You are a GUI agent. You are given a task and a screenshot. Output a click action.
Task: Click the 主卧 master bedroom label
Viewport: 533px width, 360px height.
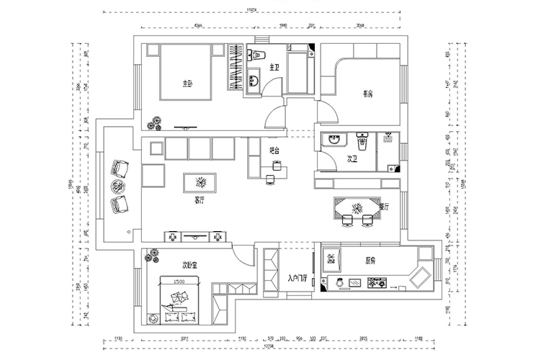(x=188, y=84)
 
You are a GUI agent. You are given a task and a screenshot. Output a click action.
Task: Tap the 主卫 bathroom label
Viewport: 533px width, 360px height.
(x=274, y=68)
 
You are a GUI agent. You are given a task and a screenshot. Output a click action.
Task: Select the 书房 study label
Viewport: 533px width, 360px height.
(x=367, y=93)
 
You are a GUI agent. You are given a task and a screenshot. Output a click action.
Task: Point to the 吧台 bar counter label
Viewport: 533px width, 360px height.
(x=274, y=150)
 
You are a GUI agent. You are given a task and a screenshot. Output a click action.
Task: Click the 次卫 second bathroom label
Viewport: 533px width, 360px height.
(x=352, y=158)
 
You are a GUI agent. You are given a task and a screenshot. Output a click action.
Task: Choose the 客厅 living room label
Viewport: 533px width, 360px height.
(x=200, y=201)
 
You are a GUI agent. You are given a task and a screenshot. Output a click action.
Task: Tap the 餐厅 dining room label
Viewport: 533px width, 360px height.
(x=383, y=206)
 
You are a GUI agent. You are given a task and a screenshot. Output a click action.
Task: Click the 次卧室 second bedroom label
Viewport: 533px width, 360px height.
(x=189, y=265)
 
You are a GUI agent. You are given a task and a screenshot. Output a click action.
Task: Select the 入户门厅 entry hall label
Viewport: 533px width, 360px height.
(x=297, y=277)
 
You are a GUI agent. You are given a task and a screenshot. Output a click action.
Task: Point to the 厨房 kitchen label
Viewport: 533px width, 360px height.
(x=371, y=260)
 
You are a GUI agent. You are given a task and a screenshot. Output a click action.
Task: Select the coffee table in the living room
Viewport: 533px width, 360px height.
(x=201, y=180)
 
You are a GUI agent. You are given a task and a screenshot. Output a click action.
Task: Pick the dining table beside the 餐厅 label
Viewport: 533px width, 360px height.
(x=354, y=207)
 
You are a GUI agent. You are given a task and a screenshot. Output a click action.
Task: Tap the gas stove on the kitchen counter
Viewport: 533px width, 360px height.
(x=375, y=283)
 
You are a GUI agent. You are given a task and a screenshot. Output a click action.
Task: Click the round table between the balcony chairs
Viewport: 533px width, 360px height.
(x=118, y=187)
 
